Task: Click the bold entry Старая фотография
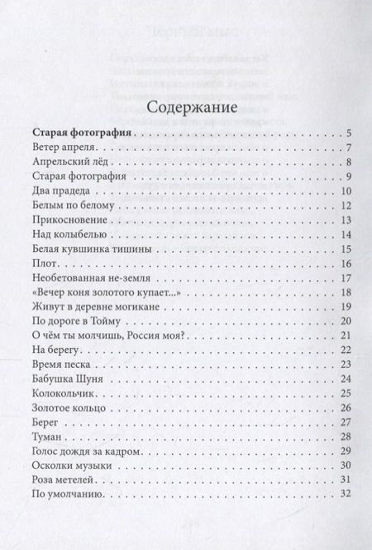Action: click(81, 133)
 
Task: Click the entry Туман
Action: click(48, 437)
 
